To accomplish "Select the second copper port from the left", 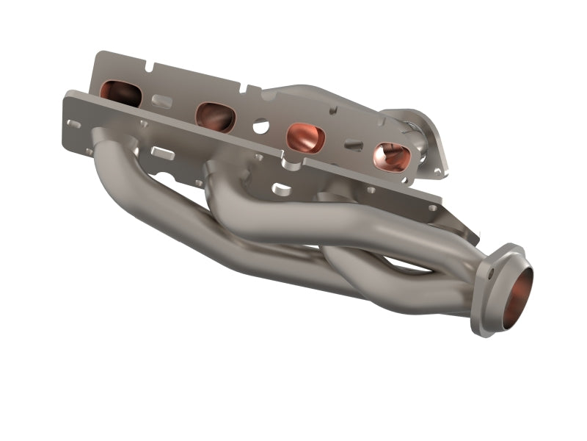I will point(215,117).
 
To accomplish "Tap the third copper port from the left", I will point(305,137).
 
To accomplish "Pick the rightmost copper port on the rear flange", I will point(391,157).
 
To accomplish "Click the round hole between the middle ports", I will point(260,127).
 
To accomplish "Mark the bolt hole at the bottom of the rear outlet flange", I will point(438,171).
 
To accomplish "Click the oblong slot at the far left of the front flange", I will point(74,123).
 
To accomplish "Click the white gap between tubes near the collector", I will point(411,268).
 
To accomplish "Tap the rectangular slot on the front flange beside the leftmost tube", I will point(163,154).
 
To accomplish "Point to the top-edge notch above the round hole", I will point(253,92).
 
